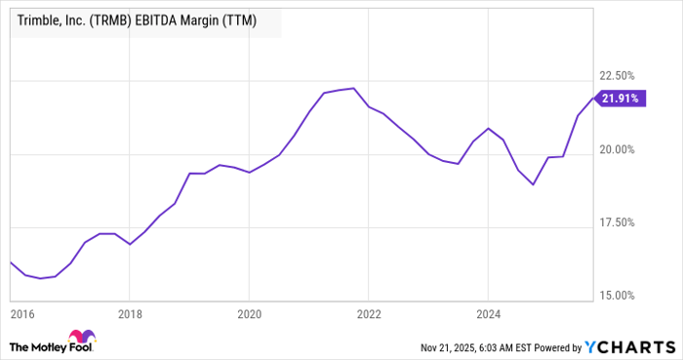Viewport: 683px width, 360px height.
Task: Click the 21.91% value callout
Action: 623,98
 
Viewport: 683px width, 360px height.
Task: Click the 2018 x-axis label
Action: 130,314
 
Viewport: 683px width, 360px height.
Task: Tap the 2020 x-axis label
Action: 249,314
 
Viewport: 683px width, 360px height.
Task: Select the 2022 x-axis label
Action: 369,314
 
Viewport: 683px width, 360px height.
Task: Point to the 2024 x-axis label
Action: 488,314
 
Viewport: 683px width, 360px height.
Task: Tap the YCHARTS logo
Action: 629,346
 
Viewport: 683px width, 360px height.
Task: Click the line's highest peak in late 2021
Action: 352,89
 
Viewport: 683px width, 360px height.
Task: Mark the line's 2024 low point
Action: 533,184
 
